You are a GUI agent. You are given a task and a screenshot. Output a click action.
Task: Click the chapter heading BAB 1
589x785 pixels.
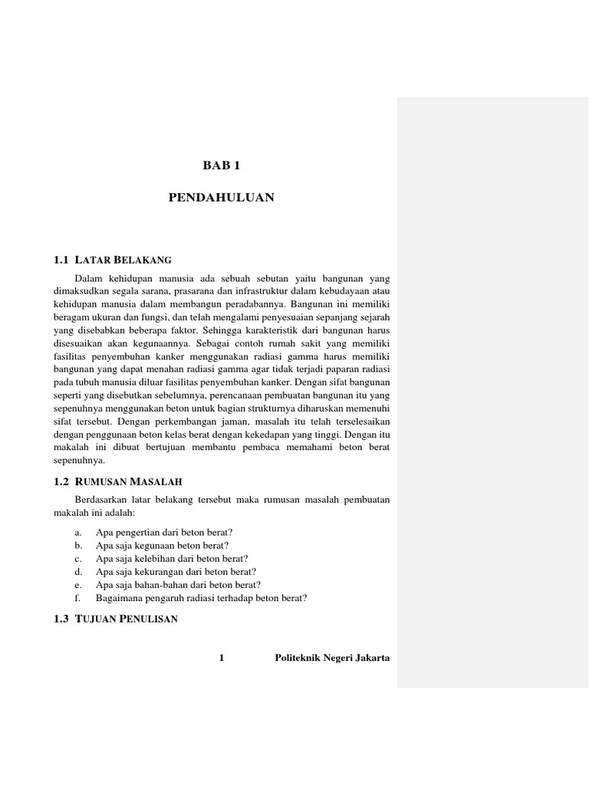(222, 165)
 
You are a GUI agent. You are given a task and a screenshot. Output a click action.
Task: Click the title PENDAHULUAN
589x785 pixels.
(222, 198)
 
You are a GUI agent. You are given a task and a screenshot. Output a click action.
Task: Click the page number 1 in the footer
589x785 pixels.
(222, 659)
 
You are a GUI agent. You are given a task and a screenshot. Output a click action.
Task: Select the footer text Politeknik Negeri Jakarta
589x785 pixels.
(332, 659)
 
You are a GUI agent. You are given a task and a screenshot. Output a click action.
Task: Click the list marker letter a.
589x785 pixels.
(77, 531)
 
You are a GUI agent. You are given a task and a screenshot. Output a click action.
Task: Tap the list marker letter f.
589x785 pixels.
(77, 598)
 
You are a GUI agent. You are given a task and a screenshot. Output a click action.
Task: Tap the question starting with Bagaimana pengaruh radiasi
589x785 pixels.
(201, 598)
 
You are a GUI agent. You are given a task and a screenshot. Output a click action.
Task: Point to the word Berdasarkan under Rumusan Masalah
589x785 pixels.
(100, 500)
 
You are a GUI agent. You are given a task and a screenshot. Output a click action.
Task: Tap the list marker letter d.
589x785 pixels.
(77, 571)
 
